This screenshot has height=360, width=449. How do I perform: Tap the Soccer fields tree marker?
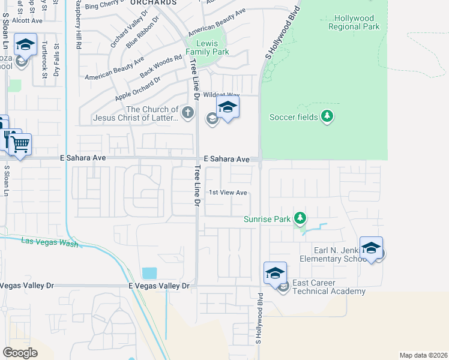327,116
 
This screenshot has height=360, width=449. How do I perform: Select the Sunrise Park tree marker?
301,218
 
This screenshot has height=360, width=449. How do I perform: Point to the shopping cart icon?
20,144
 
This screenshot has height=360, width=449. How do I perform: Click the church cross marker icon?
188,112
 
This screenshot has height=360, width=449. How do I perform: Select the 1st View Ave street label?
228,193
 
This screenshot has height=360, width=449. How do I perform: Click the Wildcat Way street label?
221,95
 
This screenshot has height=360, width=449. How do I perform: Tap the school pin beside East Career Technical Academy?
274,273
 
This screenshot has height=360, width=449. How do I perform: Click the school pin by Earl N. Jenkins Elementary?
371,248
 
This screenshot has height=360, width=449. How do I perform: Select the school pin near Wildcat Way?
228,108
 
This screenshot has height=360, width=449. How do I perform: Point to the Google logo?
20,353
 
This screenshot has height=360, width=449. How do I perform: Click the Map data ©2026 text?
423,355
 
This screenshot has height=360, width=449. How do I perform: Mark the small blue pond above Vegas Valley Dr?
149,273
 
